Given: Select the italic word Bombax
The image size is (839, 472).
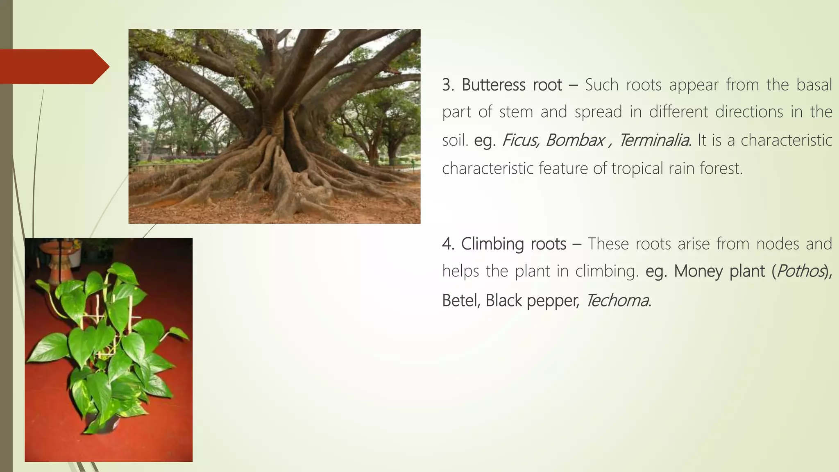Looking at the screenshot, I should click(x=575, y=141).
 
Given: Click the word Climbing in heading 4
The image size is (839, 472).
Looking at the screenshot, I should click(x=492, y=244).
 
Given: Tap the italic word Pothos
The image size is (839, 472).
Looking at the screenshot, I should click(x=800, y=271).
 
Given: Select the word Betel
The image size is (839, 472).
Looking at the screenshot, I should click(x=461, y=301).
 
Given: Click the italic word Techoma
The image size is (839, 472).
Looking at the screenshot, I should click(x=617, y=301).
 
